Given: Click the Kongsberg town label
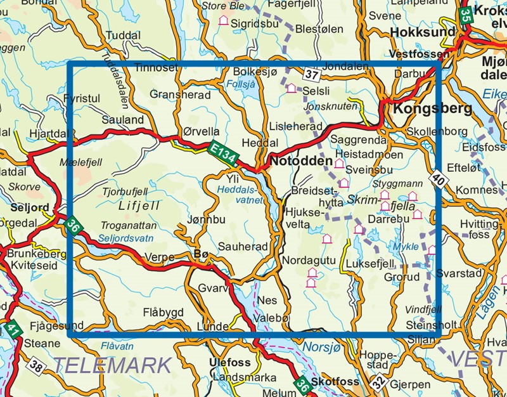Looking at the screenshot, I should (432, 108).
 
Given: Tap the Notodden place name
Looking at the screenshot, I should (301, 162).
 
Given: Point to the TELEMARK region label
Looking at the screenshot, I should (112, 365).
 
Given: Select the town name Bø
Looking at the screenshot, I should (200, 254).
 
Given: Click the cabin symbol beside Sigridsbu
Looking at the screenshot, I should (223, 21).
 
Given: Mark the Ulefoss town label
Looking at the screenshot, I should (229, 363).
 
